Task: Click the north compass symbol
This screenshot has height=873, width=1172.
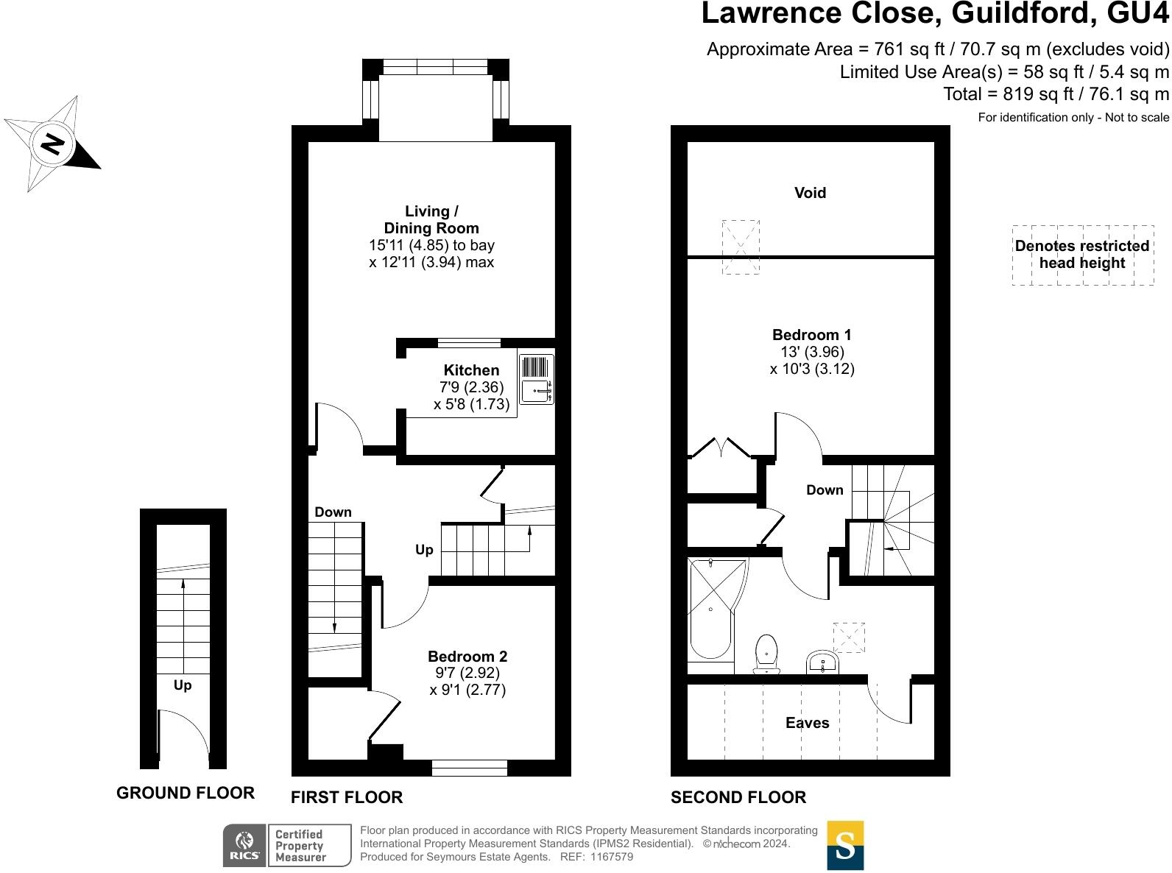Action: [52, 143]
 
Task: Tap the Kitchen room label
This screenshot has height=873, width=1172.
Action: [471, 370]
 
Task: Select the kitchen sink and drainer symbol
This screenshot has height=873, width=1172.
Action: [536, 379]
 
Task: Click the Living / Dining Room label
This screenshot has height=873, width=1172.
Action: [431, 220]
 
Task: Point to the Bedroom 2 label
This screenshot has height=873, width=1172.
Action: [467, 657]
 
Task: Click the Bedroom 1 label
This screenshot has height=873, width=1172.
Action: [811, 335]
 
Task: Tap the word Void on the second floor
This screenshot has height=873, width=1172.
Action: [810, 193]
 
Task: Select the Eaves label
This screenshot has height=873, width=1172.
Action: [807, 723]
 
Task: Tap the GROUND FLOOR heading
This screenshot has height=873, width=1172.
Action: [186, 793]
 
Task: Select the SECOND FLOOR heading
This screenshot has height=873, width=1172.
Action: [738, 797]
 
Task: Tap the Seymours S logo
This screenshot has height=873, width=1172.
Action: [845, 845]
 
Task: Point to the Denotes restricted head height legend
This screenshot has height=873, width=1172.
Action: [1082, 255]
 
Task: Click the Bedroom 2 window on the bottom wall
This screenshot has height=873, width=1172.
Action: [470, 768]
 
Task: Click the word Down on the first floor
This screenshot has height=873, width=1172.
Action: [333, 512]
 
